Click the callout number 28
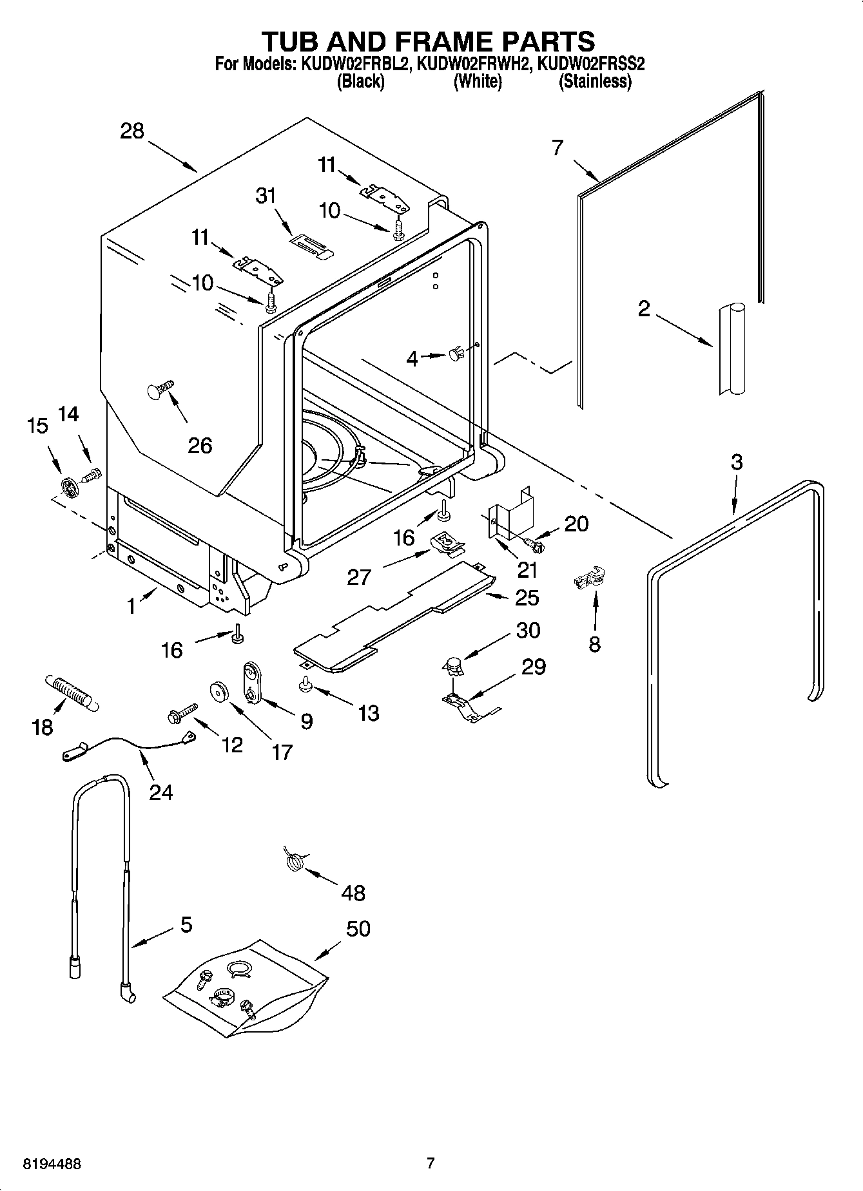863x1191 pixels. (x=132, y=131)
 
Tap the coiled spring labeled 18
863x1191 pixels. (x=70, y=692)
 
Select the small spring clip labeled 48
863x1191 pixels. (x=295, y=861)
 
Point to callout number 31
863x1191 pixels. (x=266, y=195)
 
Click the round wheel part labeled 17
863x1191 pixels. (x=221, y=692)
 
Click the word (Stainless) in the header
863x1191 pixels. (x=594, y=82)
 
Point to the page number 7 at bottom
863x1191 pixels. (x=431, y=1163)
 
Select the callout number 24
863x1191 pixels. (x=160, y=791)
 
